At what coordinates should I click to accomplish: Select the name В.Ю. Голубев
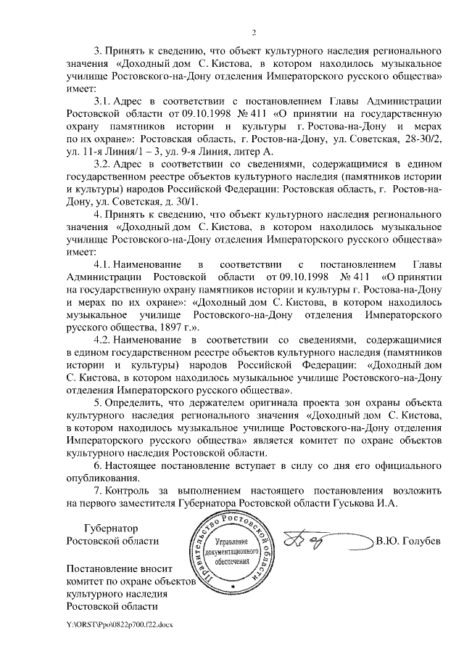[407, 541]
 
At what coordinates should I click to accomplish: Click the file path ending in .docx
[120, 623]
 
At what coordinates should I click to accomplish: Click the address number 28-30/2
[418, 137]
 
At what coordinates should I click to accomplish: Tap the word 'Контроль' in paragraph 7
[129, 492]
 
